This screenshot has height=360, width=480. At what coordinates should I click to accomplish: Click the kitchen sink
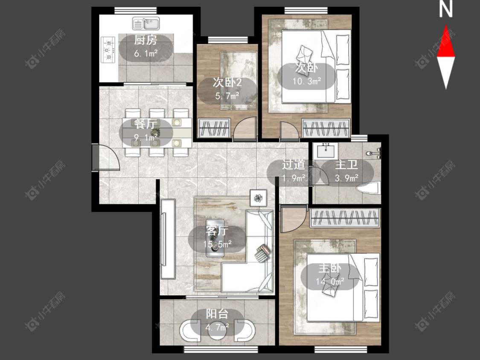pos(146,23)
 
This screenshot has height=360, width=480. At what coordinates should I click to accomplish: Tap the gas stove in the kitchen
pos(108,49)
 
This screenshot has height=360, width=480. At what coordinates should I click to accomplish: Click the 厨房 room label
pos(146,40)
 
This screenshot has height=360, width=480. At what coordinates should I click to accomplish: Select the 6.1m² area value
pos(146,54)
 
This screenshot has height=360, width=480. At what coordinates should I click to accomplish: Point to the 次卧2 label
pos(227,82)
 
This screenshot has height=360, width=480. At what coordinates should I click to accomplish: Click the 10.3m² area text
pos(307,81)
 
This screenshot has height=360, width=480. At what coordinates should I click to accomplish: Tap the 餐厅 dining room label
pos(145,124)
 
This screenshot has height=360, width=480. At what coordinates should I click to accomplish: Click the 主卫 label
pos(346,165)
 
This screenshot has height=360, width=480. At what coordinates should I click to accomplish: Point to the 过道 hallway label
pos(294,165)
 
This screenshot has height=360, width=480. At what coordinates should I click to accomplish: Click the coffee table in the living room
pos(216,238)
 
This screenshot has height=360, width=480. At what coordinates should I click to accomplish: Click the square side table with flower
pos(259,198)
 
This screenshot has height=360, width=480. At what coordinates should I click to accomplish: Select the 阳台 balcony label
pos(217,314)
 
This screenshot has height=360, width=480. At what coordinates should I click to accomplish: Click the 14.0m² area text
pos(330,281)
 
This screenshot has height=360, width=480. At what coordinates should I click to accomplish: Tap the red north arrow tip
pos(446,26)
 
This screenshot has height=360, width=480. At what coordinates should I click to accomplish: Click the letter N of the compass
pos(446,9)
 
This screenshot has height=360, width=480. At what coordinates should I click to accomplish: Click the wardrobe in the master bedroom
pos(345,218)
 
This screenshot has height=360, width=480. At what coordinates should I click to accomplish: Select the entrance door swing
pos(107,157)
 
